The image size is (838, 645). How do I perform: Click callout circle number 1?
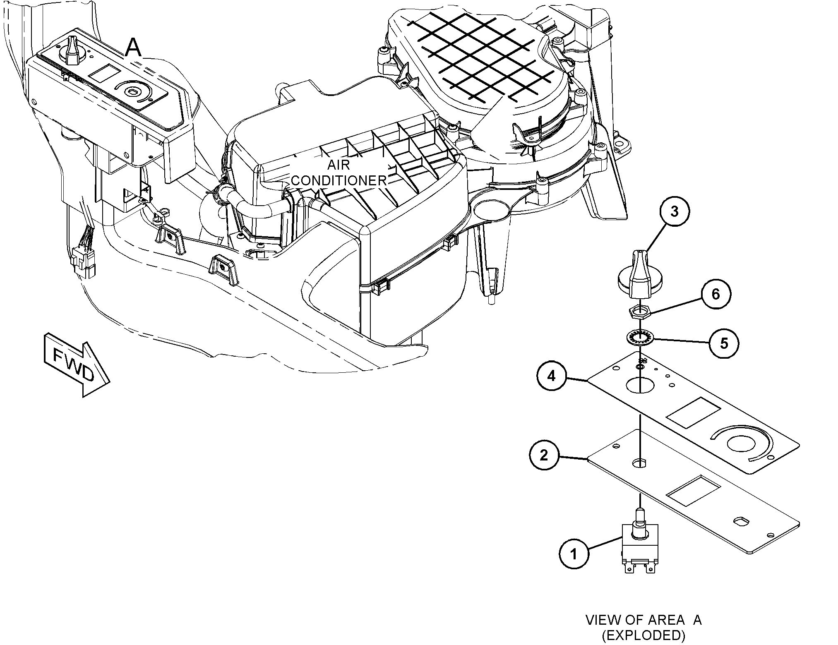click(x=574, y=554)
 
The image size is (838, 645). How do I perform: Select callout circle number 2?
click(x=544, y=456)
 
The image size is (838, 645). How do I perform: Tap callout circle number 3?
click(x=675, y=211)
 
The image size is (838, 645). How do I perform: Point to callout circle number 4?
click(x=552, y=376)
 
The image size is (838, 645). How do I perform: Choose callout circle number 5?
click(x=724, y=343)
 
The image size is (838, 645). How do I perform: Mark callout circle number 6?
click(x=716, y=294)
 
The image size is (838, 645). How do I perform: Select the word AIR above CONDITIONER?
click(x=339, y=165)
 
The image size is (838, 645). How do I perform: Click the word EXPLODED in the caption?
click(x=643, y=635)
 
